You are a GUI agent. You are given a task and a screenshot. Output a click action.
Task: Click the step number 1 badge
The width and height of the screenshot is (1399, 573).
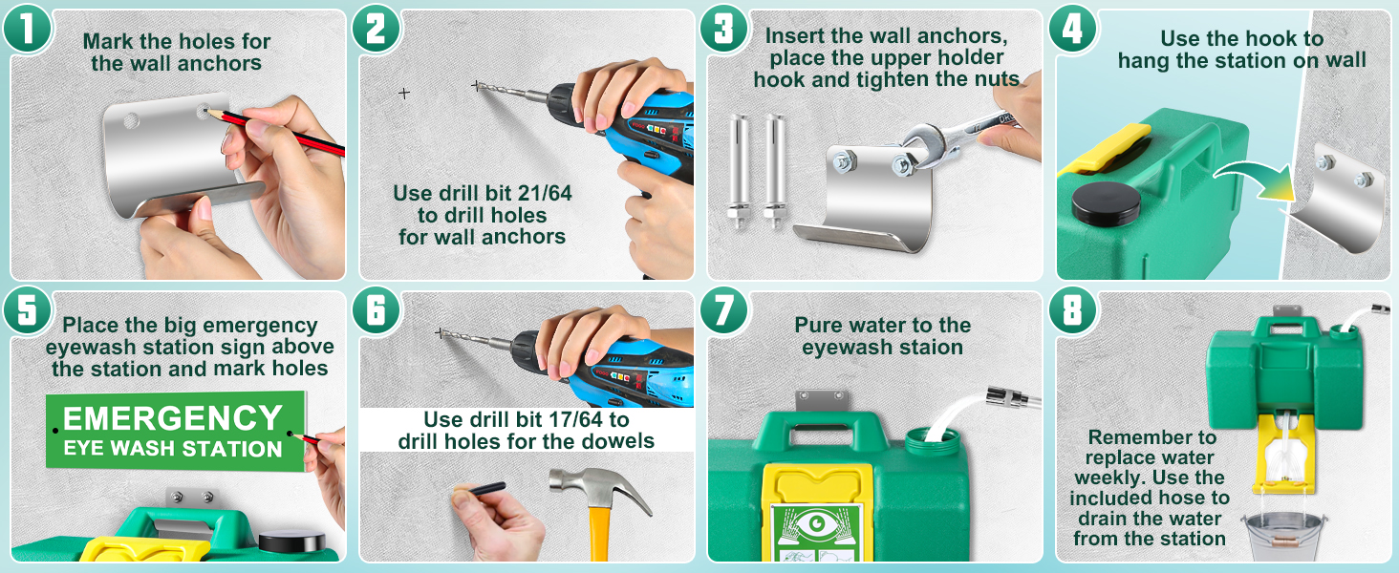[x=27, y=28]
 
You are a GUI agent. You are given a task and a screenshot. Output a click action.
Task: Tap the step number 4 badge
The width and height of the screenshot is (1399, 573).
[x=1072, y=28]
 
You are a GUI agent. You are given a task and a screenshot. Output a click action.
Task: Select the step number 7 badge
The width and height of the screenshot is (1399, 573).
[x=723, y=309]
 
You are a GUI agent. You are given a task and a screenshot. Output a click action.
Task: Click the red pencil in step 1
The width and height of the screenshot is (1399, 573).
[x=275, y=131]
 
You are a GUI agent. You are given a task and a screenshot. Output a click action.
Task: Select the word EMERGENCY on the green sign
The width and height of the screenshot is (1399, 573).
[x=172, y=418]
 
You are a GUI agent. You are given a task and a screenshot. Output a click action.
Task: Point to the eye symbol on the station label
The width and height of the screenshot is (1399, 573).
[x=817, y=523]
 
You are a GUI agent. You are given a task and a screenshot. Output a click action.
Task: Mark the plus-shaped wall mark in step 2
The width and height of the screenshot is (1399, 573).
[x=404, y=93]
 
